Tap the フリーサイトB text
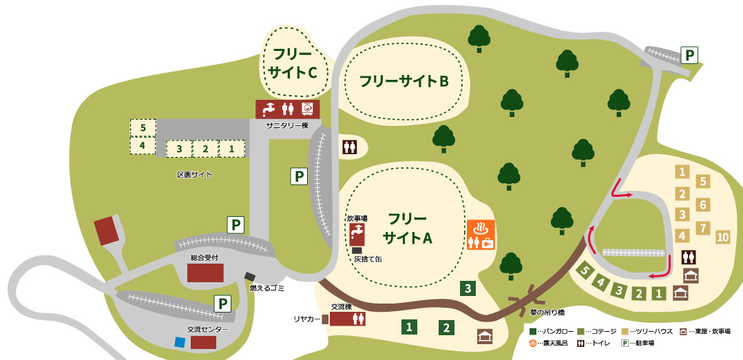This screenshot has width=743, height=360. coord(404,81)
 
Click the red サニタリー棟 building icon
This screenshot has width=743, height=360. coord(287,109)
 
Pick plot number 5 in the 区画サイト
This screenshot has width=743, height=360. coord(143,127)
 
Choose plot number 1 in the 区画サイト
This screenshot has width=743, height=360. coord(232,148)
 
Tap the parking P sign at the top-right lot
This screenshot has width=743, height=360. coord(689,54)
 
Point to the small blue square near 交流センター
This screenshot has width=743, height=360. coord(180,342)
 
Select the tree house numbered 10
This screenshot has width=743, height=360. coord(722,237)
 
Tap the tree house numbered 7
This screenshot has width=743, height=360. coord(702,228)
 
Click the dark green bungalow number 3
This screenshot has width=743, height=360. coord(468,288)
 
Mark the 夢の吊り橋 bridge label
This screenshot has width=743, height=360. coord(547,312)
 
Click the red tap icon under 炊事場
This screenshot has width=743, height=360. coord(357,234)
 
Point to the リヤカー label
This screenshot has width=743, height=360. coord(307,319)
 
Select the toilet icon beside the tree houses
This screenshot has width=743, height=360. coord(689,257)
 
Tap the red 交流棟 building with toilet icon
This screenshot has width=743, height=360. coord(347,319)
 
